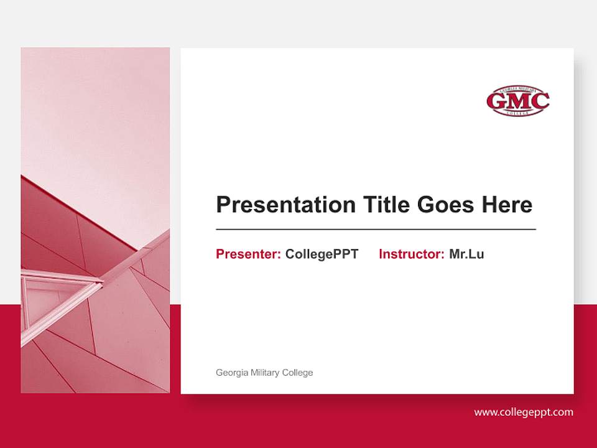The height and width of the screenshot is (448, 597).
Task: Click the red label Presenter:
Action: tap(248, 254)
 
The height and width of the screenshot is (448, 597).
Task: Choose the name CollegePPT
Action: tap(322, 254)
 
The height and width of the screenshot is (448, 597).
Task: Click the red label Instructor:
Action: tap(411, 254)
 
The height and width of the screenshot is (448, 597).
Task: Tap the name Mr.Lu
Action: tap(466, 254)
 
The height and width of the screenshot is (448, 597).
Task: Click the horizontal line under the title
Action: tap(376, 230)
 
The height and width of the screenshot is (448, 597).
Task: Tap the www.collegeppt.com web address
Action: tap(524, 412)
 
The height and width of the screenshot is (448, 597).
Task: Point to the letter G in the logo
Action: tap(498, 101)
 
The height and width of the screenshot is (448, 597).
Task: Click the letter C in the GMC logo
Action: tap(539, 101)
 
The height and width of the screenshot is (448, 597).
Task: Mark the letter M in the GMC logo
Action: tap(518, 101)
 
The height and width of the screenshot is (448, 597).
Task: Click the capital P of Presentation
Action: tap(222, 205)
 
